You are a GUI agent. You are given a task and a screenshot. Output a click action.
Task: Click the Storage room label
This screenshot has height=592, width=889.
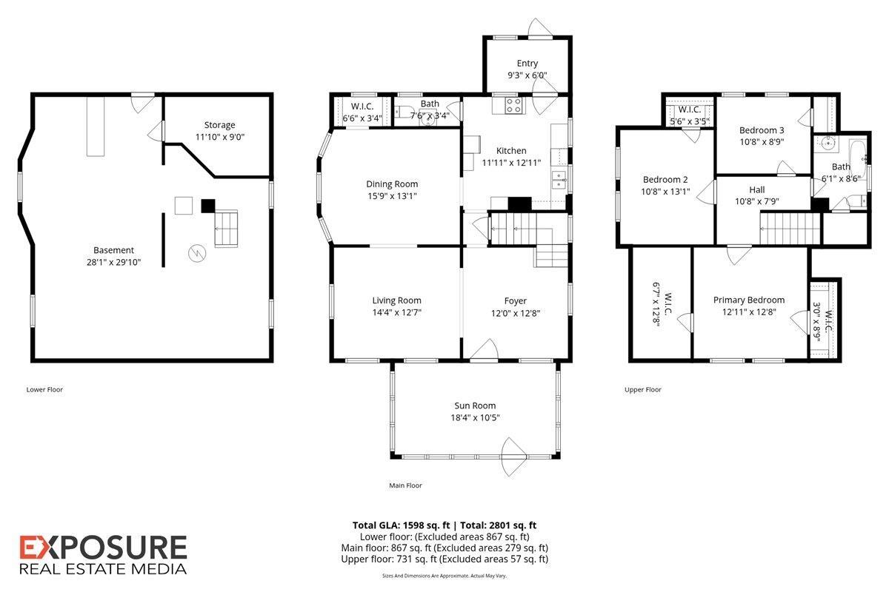pyautogui.click(x=219, y=125)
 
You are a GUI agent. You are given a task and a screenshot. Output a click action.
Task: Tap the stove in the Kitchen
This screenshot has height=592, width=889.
pyautogui.click(x=513, y=106)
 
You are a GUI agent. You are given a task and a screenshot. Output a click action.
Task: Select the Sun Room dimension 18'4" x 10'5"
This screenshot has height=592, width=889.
pyautogui.click(x=475, y=417)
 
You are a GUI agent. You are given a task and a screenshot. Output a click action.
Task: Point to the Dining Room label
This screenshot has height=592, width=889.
pyautogui.click(x=392, y=184)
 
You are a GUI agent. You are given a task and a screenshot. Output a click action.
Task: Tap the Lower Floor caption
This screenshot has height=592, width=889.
pyautogui.click(x=44, y=389)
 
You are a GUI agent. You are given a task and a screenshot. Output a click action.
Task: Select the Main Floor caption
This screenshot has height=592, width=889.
pyautogui.click(x=405, y=485)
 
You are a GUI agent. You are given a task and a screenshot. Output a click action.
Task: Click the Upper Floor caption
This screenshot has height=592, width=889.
pyautogui.click(x=642, y=389)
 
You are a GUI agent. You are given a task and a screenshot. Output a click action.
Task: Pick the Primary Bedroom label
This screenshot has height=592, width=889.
pyautogui.click(x=748, y=300)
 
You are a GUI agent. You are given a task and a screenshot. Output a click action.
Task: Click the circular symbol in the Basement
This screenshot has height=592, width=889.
pyautogui.click(x=197, y=253)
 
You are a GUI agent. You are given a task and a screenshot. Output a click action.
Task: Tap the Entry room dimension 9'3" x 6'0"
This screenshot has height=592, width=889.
pyautogui.click(x=527, y=75)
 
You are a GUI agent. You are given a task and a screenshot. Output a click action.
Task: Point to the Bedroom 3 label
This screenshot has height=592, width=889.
pyautogui.click(x=762, y=130)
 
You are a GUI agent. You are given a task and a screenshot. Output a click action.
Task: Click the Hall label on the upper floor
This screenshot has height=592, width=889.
pyautogui.click(x=757, y=189)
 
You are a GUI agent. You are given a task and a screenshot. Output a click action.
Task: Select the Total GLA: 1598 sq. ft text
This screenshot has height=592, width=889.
pyautogui.click(x=401, y=525)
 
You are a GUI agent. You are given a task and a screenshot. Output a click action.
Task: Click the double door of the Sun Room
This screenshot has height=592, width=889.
pyautogui.click(x=514, y=457)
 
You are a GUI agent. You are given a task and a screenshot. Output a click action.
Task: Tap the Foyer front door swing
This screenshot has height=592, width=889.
pyautogui.click(x=485, y=351)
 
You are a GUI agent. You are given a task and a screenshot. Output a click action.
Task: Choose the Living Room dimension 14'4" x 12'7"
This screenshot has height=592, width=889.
pyautogui.click(x=396, y=312)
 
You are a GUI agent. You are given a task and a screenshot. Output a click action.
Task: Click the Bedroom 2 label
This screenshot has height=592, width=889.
pyautogui.click(x=665, y=179)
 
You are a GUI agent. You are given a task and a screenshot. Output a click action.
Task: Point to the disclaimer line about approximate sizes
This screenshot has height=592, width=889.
pyautogui.click(x=444, y=576)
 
